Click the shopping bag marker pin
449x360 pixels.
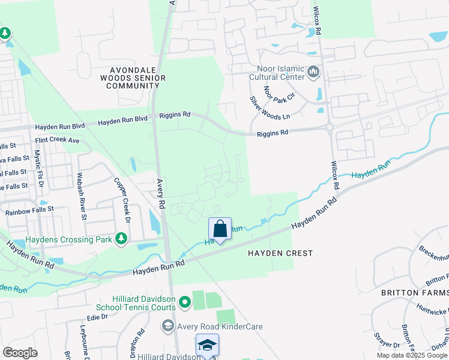click(220, 229)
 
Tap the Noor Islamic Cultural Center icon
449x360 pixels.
click(313, 73)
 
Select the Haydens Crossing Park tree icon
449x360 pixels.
click(121, 239)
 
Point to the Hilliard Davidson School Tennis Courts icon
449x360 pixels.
click(185, 301)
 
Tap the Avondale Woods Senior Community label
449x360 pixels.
click(130, 77)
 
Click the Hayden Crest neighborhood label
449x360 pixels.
click(280, 253)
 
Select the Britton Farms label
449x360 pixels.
click(415, 293)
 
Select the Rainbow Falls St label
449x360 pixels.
click(29, 211)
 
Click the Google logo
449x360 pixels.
click(20, 352)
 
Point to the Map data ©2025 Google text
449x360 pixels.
click(411, 355)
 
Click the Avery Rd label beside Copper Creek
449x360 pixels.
click(161, 193)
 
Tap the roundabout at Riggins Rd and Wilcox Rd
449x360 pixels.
click(330, 127)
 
